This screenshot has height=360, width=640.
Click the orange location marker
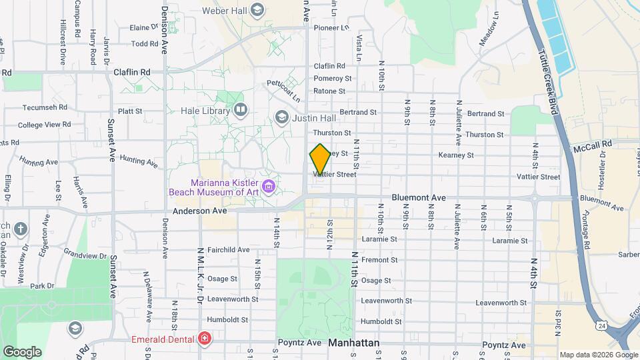320,159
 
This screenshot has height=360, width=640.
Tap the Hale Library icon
240,109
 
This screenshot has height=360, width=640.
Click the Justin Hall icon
281,118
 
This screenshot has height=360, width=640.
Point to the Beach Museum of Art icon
269,185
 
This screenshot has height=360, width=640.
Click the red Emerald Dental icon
204,338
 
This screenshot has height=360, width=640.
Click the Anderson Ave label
200,211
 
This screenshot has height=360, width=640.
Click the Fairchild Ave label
228,250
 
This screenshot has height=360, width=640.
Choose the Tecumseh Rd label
45,107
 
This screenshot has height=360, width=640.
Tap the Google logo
22,351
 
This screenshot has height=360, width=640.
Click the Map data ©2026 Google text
598,355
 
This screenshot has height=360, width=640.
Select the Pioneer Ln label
331,28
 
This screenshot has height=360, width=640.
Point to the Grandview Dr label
85,255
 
